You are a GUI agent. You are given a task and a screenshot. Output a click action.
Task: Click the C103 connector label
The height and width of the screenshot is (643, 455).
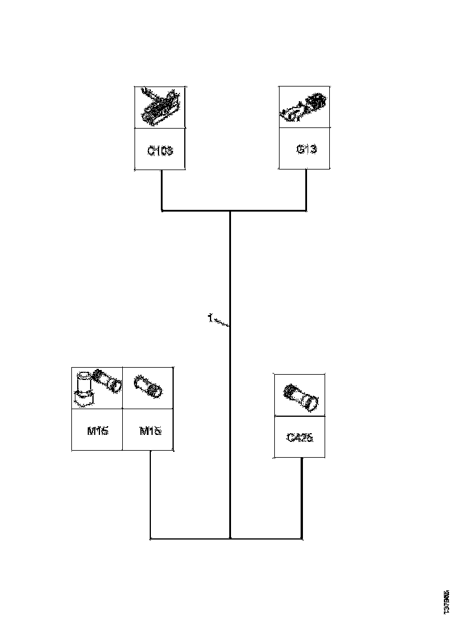tap(160, 150)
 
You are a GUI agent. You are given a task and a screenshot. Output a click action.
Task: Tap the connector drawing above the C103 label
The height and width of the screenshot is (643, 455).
tap(160, 106)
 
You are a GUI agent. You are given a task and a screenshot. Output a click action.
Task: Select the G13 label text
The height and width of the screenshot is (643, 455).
tap(306, 149)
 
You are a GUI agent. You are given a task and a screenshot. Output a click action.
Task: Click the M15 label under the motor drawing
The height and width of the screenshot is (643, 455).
tap(96, 431)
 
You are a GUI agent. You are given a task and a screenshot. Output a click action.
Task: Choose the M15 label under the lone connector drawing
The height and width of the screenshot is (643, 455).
tap(148, 431)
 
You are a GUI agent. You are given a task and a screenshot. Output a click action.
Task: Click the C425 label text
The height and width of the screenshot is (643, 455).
tap(300, 437)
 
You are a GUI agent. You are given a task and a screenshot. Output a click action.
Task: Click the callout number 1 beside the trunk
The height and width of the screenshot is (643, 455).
tap(209, 318)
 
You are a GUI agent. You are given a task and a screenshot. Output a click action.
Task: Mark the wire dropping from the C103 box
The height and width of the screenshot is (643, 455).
tap(161, 190)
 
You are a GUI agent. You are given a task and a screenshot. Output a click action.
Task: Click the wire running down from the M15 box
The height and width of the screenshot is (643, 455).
tap(151, 494)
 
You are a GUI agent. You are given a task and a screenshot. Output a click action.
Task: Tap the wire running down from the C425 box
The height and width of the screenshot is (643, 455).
tap(301, 497)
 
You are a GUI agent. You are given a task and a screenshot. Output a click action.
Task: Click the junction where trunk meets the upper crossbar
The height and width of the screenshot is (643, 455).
tap(230, 210)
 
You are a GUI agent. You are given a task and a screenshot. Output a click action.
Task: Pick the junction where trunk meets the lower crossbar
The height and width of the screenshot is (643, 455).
tap(230, 538)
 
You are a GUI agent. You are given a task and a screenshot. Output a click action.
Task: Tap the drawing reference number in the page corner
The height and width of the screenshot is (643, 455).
tap(446, 601)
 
